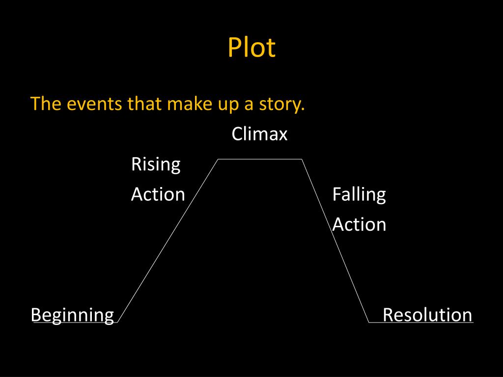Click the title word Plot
click(251, 48)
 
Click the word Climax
click(259, 134)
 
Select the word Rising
click(156, 164)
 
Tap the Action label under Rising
click(158, 194)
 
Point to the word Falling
click(359, 194)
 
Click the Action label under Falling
click(359, 224)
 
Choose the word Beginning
click(72, 315)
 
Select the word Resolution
click(427, 315)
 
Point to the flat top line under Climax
click(259, 159)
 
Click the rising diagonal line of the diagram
click(167, 241)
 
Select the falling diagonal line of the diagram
click(335, 241)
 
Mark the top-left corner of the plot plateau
click(218, 159)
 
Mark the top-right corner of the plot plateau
click(301, 159)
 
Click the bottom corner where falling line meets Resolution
click(368, 323)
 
